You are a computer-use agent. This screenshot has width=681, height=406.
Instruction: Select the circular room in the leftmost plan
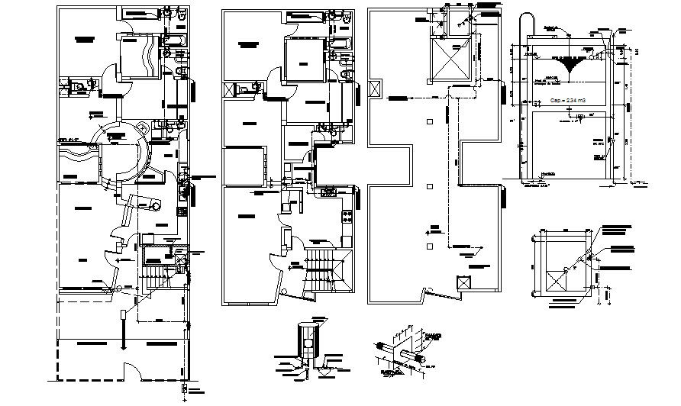[120, 153]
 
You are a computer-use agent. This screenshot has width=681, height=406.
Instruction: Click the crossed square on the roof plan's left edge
[375, 88]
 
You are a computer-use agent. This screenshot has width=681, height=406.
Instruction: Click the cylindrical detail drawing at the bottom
[308, 346]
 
